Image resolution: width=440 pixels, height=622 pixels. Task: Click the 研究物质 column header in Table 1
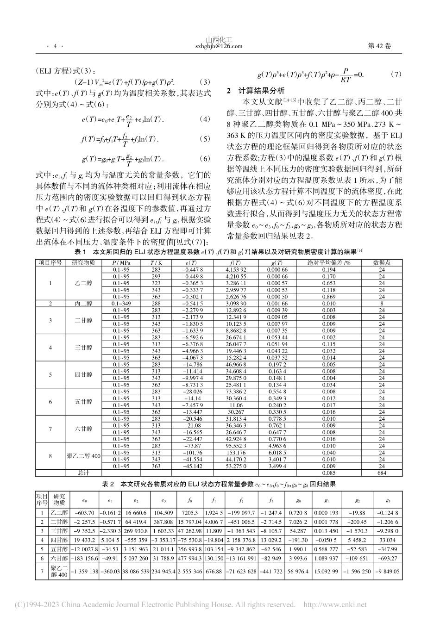pos(84,262)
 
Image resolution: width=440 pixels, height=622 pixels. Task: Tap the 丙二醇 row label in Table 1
pos(84,304)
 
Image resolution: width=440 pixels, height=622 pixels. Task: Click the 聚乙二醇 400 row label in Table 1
pos(84,456)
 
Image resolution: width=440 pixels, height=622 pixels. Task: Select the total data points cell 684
pos(382,473)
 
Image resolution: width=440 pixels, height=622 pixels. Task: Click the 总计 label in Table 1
pos(84,473)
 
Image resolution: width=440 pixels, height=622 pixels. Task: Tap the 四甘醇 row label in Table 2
pos(59,540)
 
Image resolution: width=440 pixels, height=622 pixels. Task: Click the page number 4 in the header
pos(55,46)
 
